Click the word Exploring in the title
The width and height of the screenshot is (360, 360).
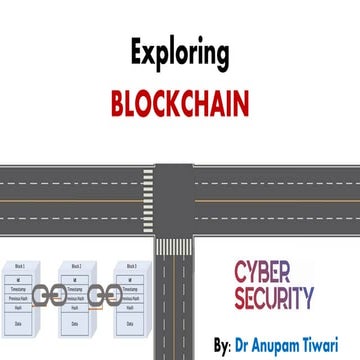[x=179, y=53]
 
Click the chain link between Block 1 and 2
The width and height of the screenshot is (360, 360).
[x=52, y=296]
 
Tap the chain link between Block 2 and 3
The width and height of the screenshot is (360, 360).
[x=101, y=296]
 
